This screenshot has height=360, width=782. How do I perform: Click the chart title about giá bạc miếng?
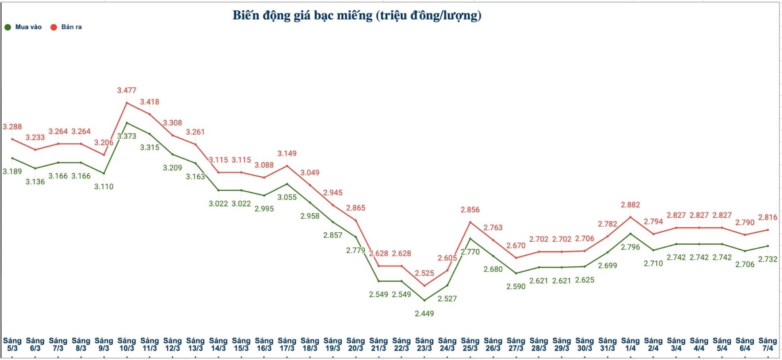point(356,16)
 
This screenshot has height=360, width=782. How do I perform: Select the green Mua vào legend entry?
point(23,27)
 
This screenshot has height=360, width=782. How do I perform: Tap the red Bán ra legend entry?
point(66,27)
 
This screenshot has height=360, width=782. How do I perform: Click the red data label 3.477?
point(126,90)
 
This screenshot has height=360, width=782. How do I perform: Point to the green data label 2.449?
point(424,314)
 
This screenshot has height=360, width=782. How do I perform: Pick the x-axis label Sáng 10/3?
point(126,344)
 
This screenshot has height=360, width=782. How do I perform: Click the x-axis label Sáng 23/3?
point(424,344)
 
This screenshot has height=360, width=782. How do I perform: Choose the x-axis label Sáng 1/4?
point(630,344)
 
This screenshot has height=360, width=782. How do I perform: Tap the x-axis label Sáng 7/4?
point(768,344)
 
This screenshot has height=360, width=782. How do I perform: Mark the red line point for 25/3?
point(470,222)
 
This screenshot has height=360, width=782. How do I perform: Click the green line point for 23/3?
point(424,300)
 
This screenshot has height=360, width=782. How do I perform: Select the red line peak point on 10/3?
point(126,103)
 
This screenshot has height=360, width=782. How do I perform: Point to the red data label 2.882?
point(630,205)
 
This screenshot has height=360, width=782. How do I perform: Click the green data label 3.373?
point(126,136)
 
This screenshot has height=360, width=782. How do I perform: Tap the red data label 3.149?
point(287,154)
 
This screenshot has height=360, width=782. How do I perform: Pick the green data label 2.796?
point(630,247)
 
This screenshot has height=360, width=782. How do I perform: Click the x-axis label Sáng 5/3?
point(12,344)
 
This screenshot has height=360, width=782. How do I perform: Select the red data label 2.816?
point(768,218)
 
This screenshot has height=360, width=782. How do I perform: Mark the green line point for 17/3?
point(287,184)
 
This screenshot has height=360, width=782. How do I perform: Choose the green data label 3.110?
point(103,187)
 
